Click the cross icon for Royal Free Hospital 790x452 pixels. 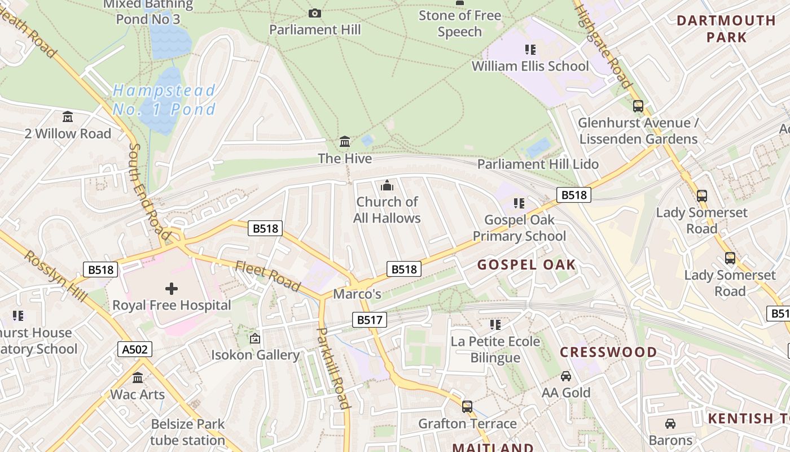(x=172, y=289)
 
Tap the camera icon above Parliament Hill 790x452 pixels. (x=315, y=13)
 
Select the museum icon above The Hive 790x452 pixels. (x=345, y=141)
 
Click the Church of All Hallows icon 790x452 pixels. (x=387, y=185)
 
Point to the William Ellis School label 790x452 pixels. (x=530, y=66)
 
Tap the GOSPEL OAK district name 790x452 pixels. (x=526, y=264)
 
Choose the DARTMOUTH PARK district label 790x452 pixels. (x=726, y=29)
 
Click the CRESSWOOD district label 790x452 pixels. (x=608, y=352)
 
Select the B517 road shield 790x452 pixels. (x=370, y=320)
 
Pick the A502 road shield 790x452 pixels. (x=135, y=349)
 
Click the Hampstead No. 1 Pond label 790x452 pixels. (x=164, y=99)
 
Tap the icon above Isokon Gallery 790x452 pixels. (x=255, y=338)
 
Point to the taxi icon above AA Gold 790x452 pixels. (x=565, y=376)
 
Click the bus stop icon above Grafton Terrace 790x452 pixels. (x=467, y=406)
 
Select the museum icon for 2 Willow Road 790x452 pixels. (x=68, y=117)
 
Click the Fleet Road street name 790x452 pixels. (x=267, y=275)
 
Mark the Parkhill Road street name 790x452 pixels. (x=333, y=367)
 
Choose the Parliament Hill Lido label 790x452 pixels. (x=538, y=164)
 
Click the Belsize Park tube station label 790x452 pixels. (x=187, y=432)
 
